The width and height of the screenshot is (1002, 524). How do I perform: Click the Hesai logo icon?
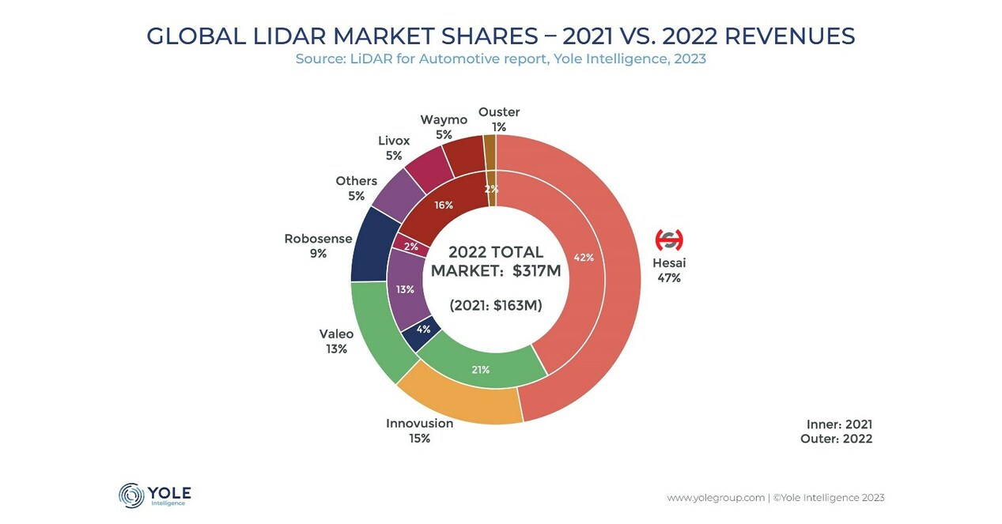coord(668,239)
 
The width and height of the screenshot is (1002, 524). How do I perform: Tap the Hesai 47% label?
coord(668,270)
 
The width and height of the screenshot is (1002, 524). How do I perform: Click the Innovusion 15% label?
coord(419,431)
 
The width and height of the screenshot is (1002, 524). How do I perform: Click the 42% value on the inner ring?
coord(584,258)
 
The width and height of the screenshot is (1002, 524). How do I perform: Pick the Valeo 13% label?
coord(336,341)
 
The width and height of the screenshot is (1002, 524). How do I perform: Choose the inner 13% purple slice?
coord(406,289)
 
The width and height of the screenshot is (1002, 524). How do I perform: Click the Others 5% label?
coord(356,188)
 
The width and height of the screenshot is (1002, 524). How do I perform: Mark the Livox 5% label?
coord(393,148)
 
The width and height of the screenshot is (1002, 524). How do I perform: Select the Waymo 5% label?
coord(443,126)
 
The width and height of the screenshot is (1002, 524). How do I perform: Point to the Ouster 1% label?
coord(498,119)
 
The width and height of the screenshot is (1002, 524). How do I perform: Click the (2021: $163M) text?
coord(495,305)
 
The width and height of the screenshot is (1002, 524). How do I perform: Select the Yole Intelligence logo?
coord(155,495)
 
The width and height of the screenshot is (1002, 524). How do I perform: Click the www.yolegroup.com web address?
coord(715,498)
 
